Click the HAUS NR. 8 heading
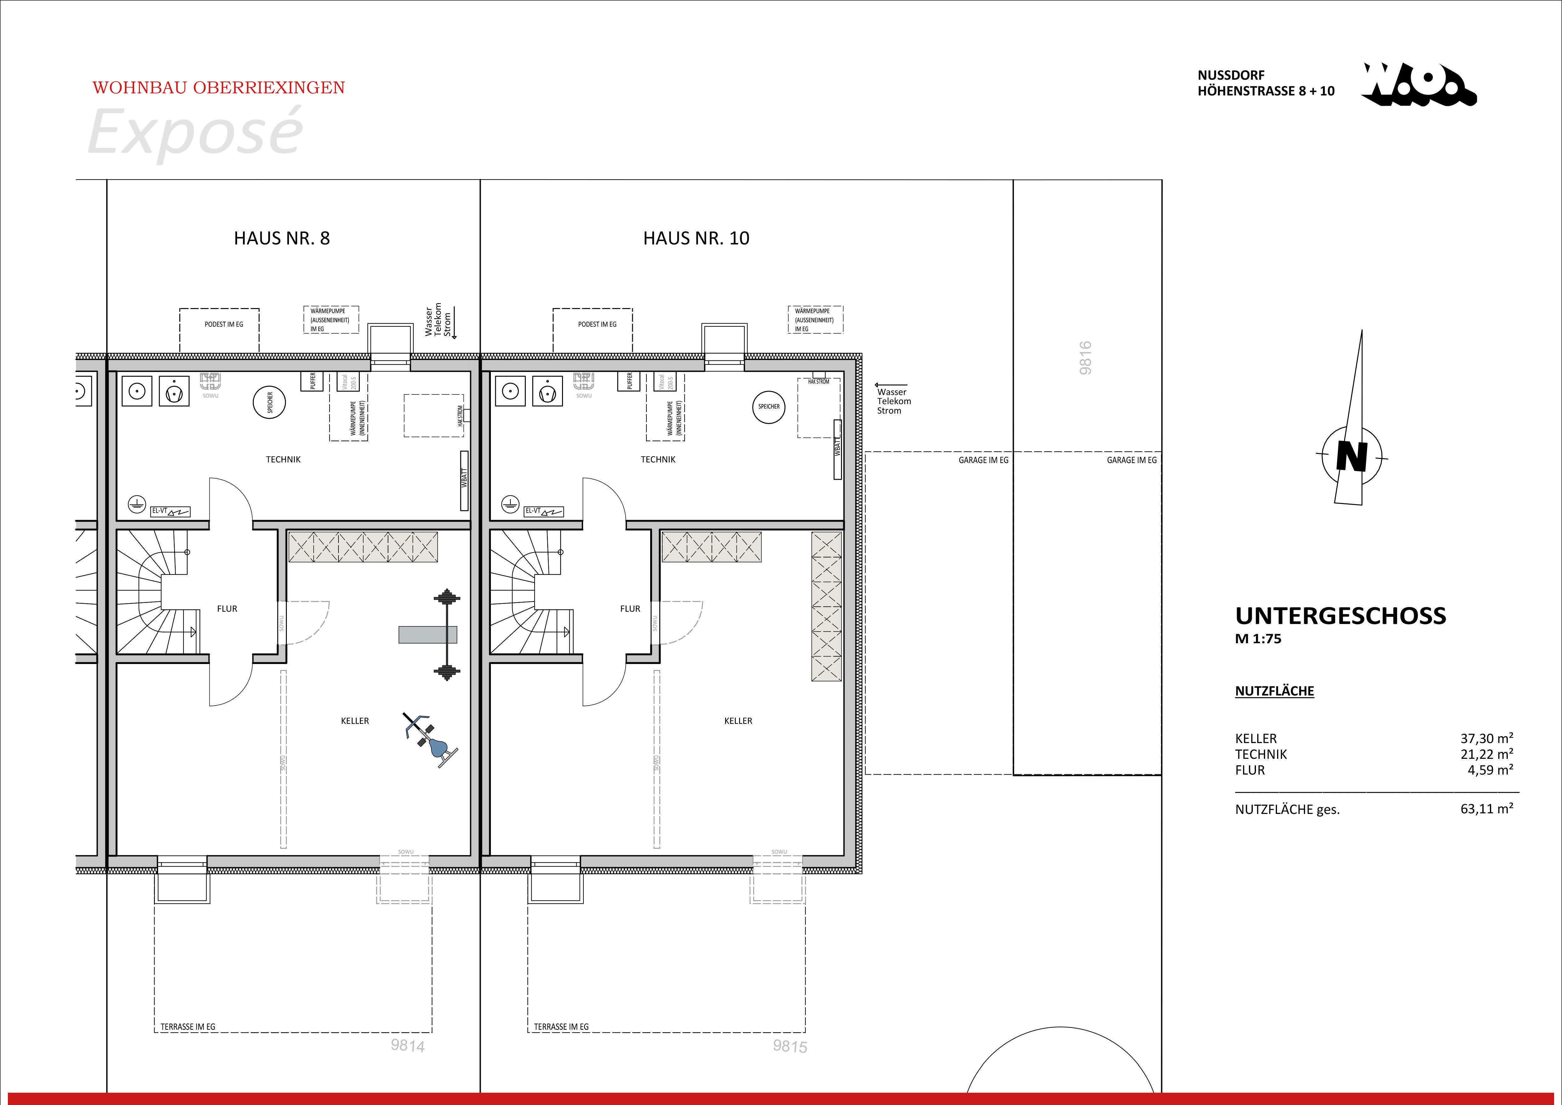click(x=282, y=238)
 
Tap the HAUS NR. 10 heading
click(x=696, y=238)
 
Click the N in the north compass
click(x=1351, y=456)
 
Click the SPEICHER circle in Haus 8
click(x=270, y=403)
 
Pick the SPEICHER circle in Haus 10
click(x=769, y=407)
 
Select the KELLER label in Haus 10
click(x=738, y=721)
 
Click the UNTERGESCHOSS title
click(x=1340, y=616)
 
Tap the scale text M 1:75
click(x=1258, y=639)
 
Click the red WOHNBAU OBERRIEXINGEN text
click(x=219, y=88)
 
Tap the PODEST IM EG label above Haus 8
click(x=224, y=324)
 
